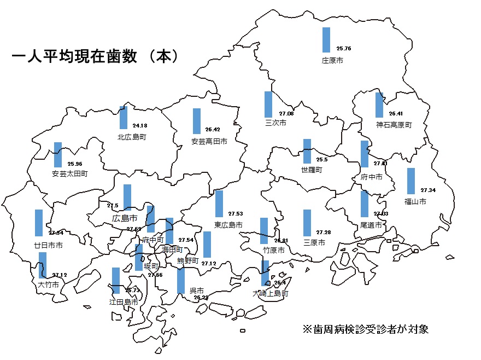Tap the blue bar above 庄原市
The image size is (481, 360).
click(326, 39)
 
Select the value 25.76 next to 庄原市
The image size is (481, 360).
click(344, 49)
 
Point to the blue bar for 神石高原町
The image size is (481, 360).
click(379, 104)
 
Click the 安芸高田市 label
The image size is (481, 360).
click(209, 141)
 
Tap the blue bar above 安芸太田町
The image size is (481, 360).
click(58, 155)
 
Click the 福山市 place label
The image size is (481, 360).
click(415, 201)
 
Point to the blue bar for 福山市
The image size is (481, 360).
click(411, 181)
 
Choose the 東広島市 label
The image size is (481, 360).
click(228, 225)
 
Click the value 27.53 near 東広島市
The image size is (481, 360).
click(235, 213)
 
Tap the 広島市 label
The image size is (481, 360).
click(124, 218)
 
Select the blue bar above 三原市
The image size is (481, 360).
click(307, 223)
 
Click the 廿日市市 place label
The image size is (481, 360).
click(48, 246)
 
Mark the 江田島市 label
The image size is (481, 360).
click(124, 301)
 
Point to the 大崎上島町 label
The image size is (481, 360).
click(270, 294)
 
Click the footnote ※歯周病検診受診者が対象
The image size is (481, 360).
click(365, 329)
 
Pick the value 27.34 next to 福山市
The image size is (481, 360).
click(428, 190)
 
